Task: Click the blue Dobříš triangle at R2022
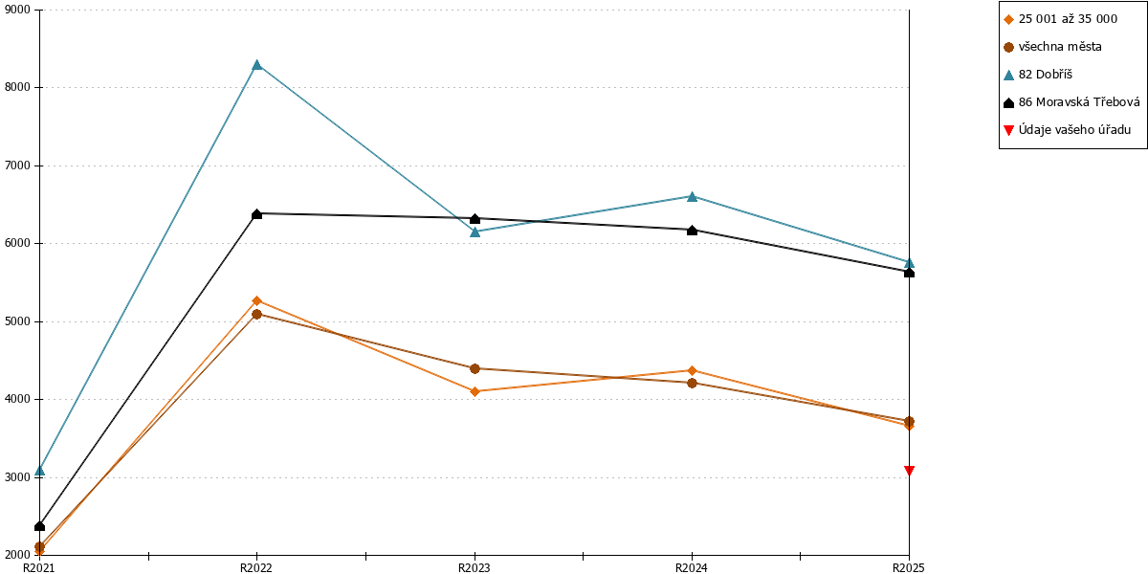257,65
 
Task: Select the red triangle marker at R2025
909,470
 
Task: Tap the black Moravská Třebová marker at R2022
257,213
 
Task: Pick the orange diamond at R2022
257,300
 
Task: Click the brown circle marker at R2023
475,368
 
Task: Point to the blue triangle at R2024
692,196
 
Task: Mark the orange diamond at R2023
475,391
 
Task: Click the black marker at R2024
692,231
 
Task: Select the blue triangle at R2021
39,471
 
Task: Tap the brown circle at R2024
692,383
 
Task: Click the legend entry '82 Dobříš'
1045,75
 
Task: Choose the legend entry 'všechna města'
1060,47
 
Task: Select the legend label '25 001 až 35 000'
1068,19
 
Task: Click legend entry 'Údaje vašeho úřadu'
1074,130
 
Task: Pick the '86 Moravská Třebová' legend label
1079,102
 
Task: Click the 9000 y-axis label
17,10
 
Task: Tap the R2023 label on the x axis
475,567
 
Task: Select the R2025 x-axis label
909,567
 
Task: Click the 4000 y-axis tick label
17,399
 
